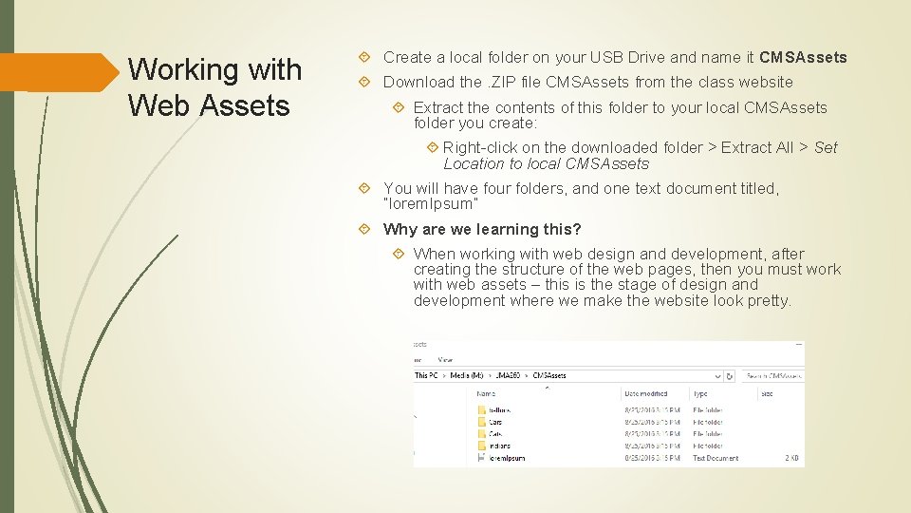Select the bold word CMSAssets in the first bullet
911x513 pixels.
coord(803,57)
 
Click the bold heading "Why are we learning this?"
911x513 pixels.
coord(482,229)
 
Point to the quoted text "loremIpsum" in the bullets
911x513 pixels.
coord(431,204)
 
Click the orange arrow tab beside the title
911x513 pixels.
coord(57,72)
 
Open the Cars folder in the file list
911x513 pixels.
coord(495,422)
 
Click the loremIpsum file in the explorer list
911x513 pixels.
coord(507,458)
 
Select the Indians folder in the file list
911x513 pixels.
coord(499,446)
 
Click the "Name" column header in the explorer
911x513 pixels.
coord(485,393)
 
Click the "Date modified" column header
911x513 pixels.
coord(647,393)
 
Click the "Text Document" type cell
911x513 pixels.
coord(716,458)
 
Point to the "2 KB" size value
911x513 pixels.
coord(792,458)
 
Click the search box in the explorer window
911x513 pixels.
coord(771,375)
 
